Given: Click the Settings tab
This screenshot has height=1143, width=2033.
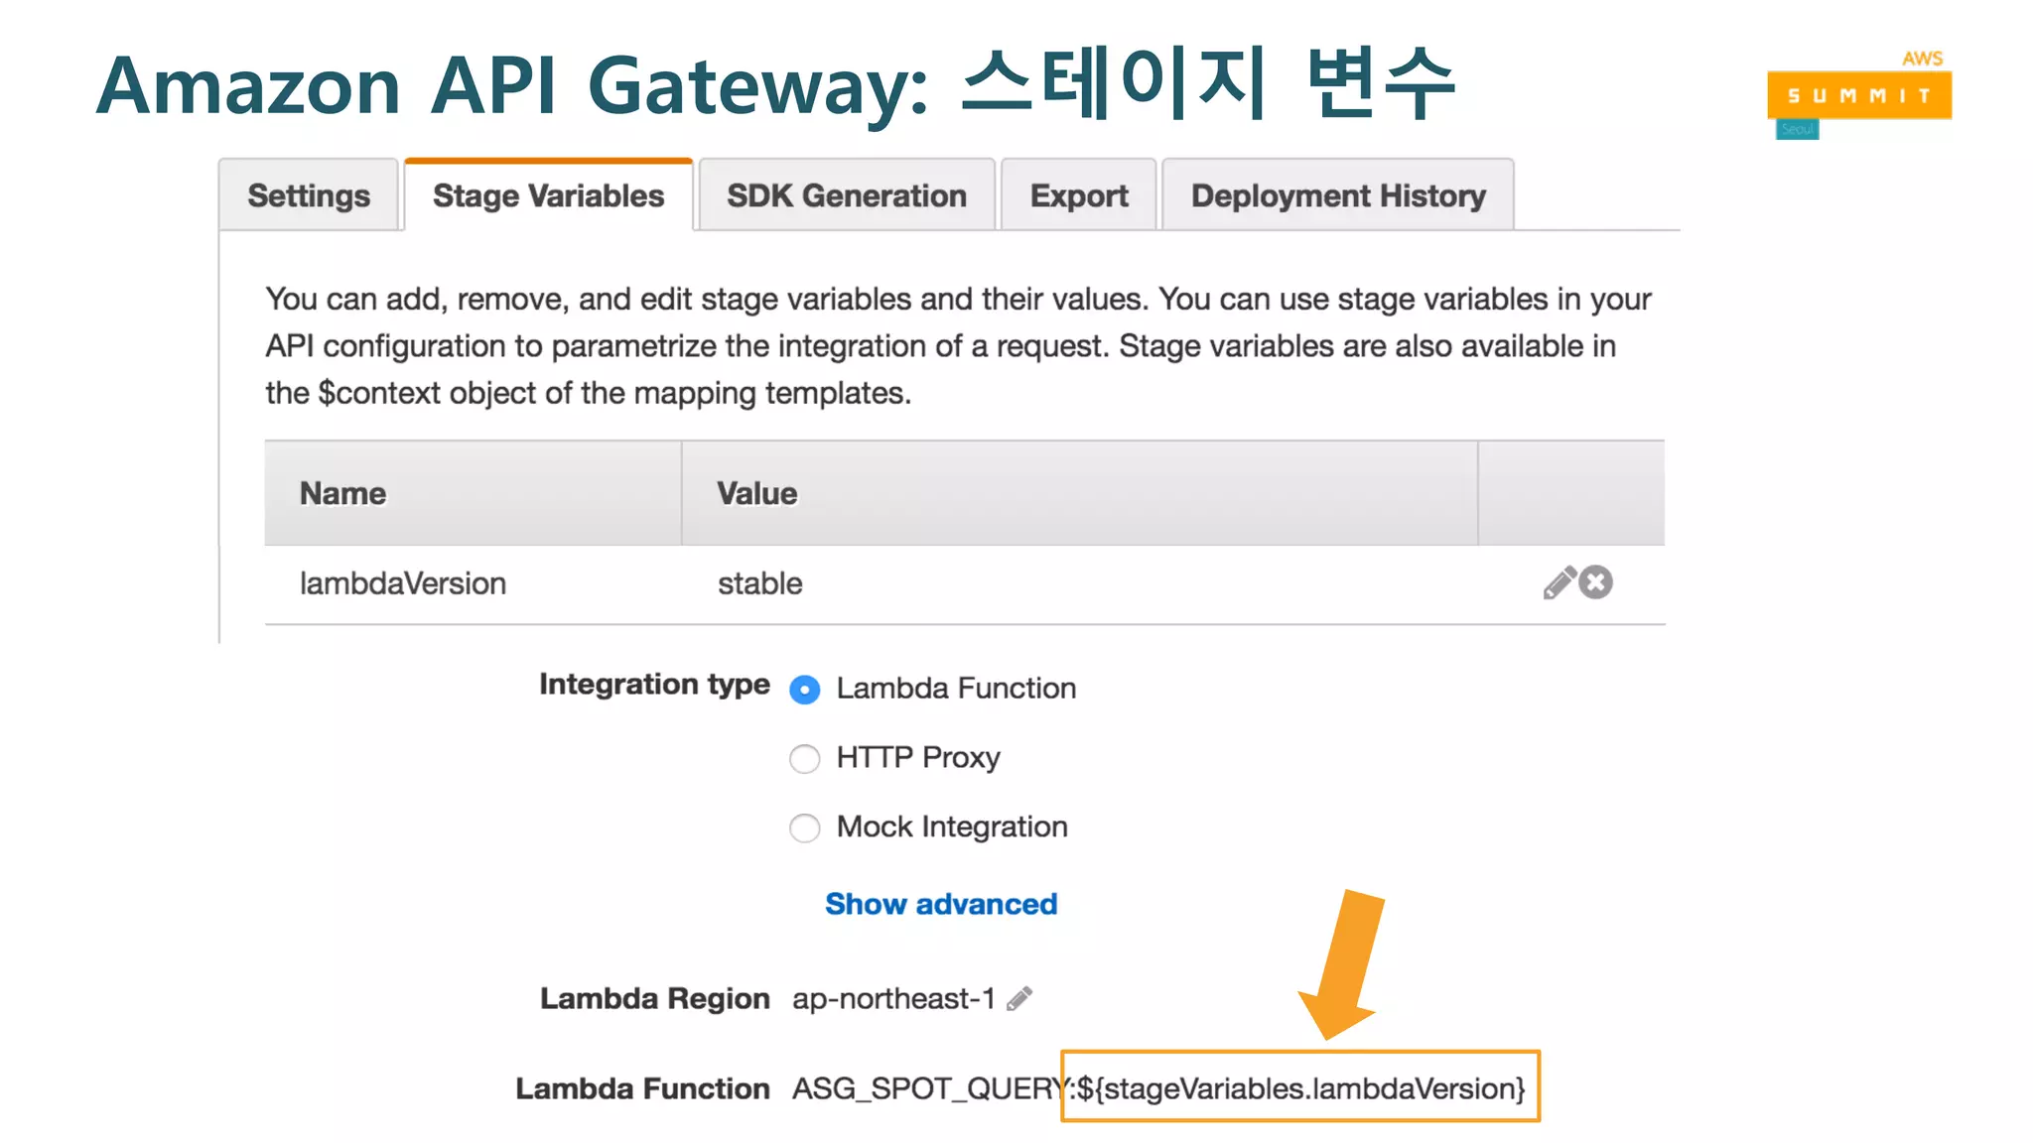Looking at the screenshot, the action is point(309,195).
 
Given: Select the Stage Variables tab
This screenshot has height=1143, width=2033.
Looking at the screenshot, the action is point(548,195).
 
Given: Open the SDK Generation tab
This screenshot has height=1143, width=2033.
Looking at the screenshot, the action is point(847,195).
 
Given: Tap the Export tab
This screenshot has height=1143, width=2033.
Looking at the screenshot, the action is point(1079,195).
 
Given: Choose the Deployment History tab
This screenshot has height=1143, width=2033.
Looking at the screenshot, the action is point(1338,195).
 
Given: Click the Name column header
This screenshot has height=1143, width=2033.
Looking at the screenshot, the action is point(343,493).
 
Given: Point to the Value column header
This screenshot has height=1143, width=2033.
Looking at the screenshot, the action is point(757,493).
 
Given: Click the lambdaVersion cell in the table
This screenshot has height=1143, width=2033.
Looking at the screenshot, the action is point(403,583).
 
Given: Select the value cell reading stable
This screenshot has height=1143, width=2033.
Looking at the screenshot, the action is point(760,583).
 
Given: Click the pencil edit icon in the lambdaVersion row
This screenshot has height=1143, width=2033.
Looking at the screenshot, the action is point(1559,583).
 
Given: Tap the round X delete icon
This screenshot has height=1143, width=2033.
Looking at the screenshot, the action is point(1596,582).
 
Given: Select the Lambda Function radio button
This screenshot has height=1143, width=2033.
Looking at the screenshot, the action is point(805,690).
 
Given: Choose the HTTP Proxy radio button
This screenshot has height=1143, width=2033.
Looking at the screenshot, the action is point(805,759).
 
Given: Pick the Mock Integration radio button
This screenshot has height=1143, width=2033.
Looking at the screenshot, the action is point(805,827).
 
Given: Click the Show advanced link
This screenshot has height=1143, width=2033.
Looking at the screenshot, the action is point(941,904).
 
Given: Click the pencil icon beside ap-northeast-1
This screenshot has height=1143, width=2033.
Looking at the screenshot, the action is point(1019,998).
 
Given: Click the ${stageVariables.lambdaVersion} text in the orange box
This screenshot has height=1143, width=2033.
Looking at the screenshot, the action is point(1300,1088).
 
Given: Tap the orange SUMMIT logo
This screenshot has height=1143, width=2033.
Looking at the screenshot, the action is point(1859,96).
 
